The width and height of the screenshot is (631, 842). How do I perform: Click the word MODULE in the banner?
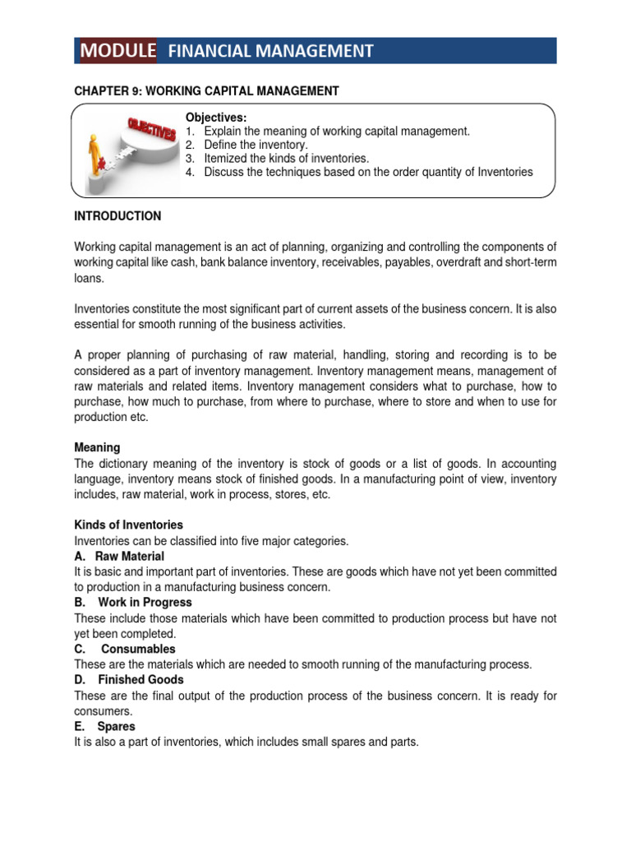117,51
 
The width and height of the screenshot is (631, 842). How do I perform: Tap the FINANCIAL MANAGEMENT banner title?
270,51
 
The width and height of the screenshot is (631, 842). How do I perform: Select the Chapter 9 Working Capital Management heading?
205,91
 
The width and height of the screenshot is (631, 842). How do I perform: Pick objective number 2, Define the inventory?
259,145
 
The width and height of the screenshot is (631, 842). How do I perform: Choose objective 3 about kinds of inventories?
277,158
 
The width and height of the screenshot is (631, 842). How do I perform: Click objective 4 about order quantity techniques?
359,172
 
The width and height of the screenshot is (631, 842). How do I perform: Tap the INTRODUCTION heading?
117,216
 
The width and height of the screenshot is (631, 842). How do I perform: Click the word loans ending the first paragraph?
88,279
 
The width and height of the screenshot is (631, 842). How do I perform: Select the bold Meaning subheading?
97,447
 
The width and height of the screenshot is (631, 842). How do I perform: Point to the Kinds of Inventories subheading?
128,525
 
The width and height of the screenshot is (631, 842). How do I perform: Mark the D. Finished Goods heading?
129,680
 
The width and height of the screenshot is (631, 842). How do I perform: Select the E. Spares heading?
104,727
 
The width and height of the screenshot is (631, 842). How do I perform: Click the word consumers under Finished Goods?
103,711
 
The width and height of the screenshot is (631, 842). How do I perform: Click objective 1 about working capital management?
327,131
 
